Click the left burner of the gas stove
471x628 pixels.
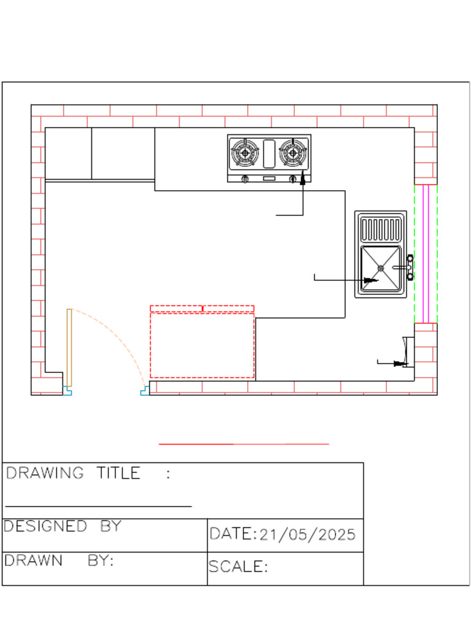[x=245, y=153]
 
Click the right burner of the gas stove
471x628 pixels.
[x=293, y=153]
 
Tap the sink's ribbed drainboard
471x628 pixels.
[x=381, y=229]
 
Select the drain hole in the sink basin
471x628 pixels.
[x=381, y=268]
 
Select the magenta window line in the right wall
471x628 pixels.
[x=426, y=253]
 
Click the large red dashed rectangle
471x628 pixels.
[x=202, y=345]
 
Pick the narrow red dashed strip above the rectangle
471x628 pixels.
[x=202, y=308]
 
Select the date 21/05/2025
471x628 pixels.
[x=307, y=534]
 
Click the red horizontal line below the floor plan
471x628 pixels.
[x=243, y=443]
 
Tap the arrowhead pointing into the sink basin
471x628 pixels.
[x=370, y=280]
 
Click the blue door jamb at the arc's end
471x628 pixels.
[x=145, y=390]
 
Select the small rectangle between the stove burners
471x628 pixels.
[x=269, y=153]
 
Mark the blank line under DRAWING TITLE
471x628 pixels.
[x=98, y=507]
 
